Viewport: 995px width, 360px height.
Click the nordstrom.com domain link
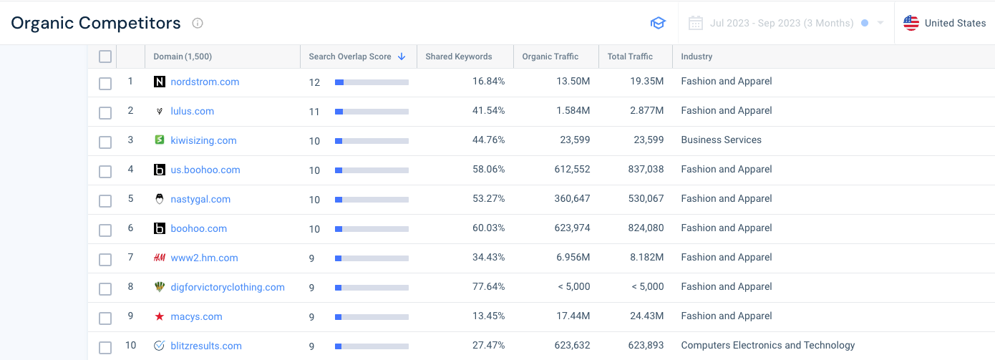[x=205, y=82]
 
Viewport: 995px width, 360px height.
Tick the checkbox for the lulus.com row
[x=105, y=112]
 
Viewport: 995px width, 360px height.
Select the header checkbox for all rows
[x=105, y=57]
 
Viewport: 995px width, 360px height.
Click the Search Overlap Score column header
[x=351, y=57]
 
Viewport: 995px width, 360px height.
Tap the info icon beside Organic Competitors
[x=198, y=23]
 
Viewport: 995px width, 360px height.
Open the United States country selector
[x=945, y=23]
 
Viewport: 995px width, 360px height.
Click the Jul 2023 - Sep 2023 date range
[x=781, y=23]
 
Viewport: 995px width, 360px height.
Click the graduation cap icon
[x=658, y=23]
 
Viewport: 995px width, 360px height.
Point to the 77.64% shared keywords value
[x=488, y=286]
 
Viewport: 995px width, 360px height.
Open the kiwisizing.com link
[x=203, y=140]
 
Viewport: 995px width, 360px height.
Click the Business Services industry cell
[x=721, y=140]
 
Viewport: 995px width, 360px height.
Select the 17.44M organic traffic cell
[x=573, y=316]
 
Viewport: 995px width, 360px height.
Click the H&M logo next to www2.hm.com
[x=160, y=258]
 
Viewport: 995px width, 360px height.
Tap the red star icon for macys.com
[x=160, y=316]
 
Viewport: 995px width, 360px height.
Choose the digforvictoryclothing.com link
[x=228, y=287]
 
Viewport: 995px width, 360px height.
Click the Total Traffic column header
[x=630, y=57]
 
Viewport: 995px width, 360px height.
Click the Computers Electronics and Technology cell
[x=767, y=345]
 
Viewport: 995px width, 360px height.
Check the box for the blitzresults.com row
[x=105, y=347]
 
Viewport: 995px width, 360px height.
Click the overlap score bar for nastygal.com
[x=372, y=200]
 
